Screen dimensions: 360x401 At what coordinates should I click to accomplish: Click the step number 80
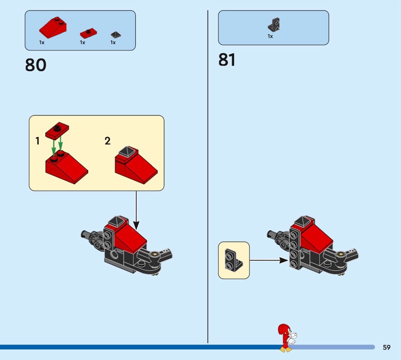[x=36, y=65]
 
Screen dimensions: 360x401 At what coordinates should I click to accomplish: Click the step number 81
[x=227, y=60]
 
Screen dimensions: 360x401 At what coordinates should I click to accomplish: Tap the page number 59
[x=386, y=347]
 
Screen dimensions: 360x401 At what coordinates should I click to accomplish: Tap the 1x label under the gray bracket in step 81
[x=270, y=36]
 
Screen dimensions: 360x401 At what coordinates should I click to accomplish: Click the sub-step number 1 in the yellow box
[x=38, y=141]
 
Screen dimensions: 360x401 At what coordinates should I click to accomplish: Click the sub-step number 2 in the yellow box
[x=107, y=141]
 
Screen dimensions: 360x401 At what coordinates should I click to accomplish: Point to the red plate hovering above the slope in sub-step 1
[x=57, y=131]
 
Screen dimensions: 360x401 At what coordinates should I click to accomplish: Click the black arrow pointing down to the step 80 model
[x=136, y=211]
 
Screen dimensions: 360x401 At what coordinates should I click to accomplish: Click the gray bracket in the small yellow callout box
[x=233, y=260]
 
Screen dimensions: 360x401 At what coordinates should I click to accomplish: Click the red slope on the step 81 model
[x=316, y=236]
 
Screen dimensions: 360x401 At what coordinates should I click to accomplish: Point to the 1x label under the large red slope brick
[x=42, y=43]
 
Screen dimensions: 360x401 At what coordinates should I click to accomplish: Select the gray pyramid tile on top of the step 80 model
[x=115, y=220]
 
